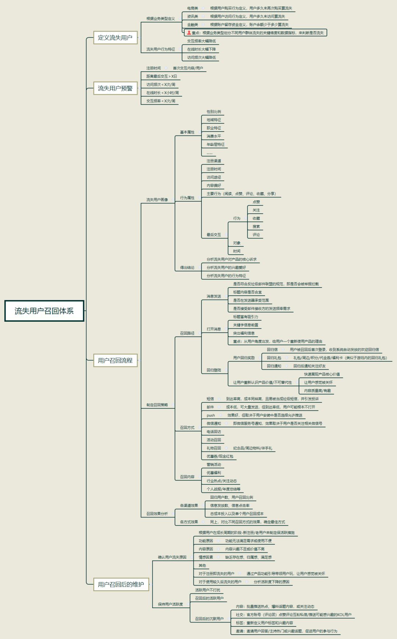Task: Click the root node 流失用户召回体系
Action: click(x=44, y=311)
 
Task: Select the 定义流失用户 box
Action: click(x=115, y=37)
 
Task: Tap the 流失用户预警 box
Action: click(x=115, y=88)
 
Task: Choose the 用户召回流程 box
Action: click(x=115, y=360)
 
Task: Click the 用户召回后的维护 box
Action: click(x=121, y=584)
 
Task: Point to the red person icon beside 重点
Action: click(x=189, y=33)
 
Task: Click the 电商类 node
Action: click(x=192, y=8)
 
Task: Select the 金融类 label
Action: click(x=192, y=25)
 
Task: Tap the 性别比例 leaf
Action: click(x=214, y=112)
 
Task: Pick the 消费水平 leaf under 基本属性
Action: click(x=214, y=136)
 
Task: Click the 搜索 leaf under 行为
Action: click(x=256, y=227)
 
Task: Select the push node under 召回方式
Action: click(x=211, y=415)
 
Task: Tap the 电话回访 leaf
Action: click(x=214, y=432)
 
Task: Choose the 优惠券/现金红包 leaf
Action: click(x=219, y=456)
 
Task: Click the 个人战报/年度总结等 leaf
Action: click(x=223, y=489)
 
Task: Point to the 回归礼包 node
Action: click(x=274, y=358)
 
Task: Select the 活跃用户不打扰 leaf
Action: click(x=207, y=590)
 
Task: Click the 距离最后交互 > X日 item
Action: click(x=161, y=76)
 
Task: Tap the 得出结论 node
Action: click(x=187, y=268)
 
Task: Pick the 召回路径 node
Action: click(x=187, y=333)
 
